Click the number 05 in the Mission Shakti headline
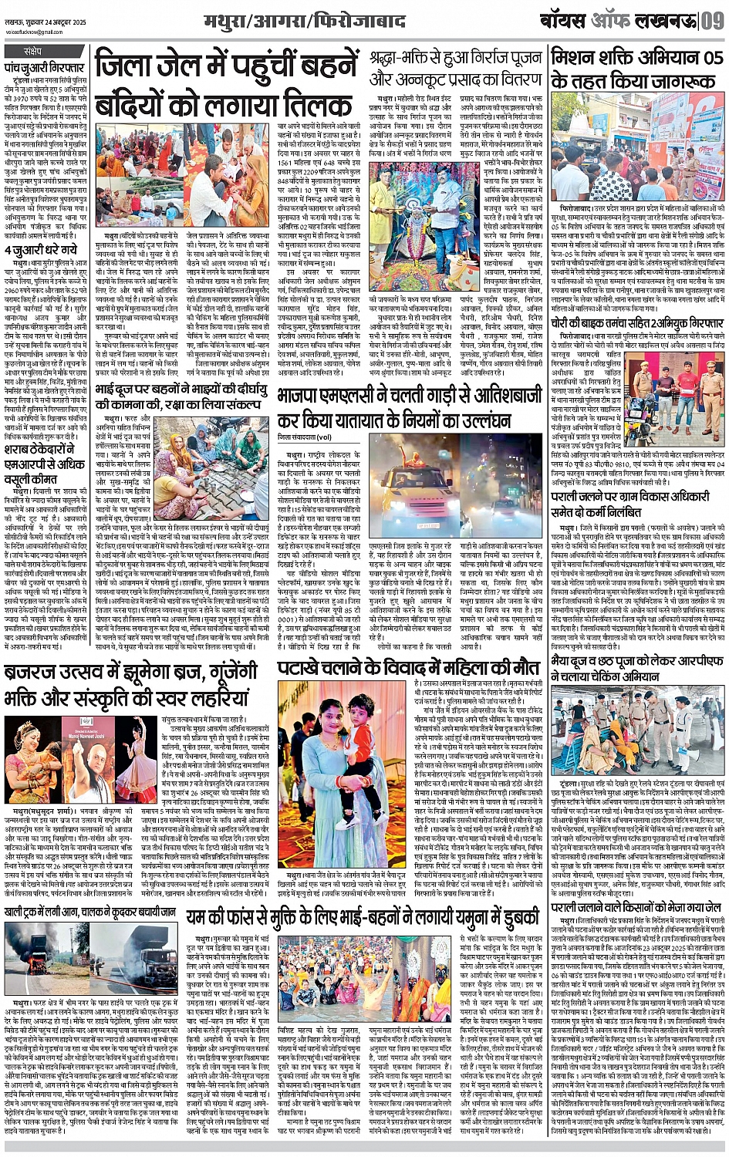(707, 58)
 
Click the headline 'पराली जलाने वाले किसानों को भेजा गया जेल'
(637, 909)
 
